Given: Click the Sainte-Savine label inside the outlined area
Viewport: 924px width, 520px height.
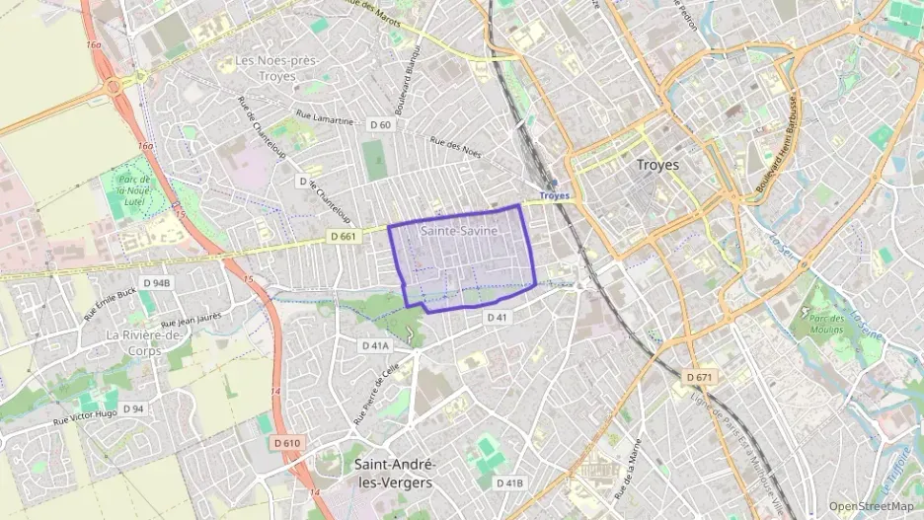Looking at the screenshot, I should pyautogui.click(x=459, y=231).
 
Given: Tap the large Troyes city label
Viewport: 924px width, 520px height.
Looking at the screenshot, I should pyautogui.click(x=658, y=165).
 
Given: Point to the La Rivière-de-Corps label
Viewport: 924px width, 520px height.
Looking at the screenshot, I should pyautogui.click(x=146, y=341).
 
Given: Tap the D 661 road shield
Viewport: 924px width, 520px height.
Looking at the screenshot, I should pyautogui.click(x=343, y=237).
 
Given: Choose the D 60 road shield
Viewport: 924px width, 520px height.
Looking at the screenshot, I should pyautogui.click(x=380, y=125).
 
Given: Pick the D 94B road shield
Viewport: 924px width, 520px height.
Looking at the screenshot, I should pyautogui.click(x=157, y=283).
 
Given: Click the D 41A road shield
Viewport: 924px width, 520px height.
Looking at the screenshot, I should pyautogui.click(x=376, y=345).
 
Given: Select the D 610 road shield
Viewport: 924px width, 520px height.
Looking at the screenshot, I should pyautogui.click(x=285, y=444).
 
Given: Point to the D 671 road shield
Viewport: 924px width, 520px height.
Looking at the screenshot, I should pyautogui.click(x=699, y=378).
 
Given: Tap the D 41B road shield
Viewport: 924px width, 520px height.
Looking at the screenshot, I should pyautogui.click(x=508, y=483).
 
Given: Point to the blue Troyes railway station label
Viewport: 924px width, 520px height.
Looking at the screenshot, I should pyautogui.click(x=556, y=195).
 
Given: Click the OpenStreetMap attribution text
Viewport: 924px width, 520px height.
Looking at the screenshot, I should pyautogui.click(x=871, y=507).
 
